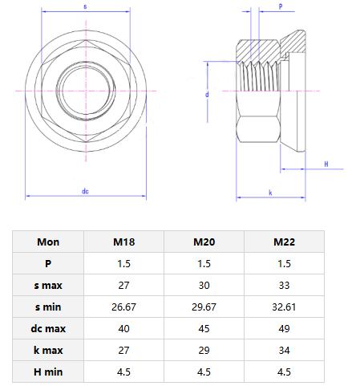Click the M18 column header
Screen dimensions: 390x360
click(x=123, y=242)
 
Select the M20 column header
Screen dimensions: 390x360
click(x=204, y=242)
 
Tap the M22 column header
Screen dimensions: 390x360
click(x=284, y=242)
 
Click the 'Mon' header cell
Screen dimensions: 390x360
click(x=48, y=242)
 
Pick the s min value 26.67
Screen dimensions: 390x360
click(x=123, y=307)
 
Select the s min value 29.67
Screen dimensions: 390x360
click(x=204, y=307)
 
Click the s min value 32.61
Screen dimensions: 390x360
click(x=284, y=307)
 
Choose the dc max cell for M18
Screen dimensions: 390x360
click(x=123, y=328)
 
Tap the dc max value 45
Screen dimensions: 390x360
click(x=204, y=328)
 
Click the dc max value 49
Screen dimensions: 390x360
click(x=284, y=328)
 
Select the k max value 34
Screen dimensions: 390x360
click(x=284, y=350)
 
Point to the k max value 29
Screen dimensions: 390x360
click(x=204, y=350)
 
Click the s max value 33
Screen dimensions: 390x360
click(x=284, y=285)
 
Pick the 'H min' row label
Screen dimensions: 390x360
click(x=48, y=372)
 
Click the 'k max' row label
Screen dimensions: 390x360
click(x=48, y=350)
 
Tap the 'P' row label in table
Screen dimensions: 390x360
click(x=48, y=263)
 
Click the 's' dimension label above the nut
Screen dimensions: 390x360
click(x=85, y=6)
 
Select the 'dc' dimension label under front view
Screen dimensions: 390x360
click(x=85, y=191)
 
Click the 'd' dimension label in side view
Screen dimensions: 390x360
click(x=207, y=94)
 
